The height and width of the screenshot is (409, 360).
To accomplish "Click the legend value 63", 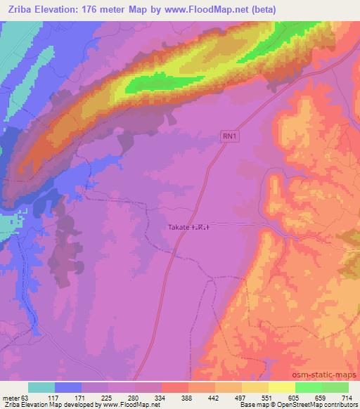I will click(27, 397).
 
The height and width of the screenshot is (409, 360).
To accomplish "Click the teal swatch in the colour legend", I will click(41, 387).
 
